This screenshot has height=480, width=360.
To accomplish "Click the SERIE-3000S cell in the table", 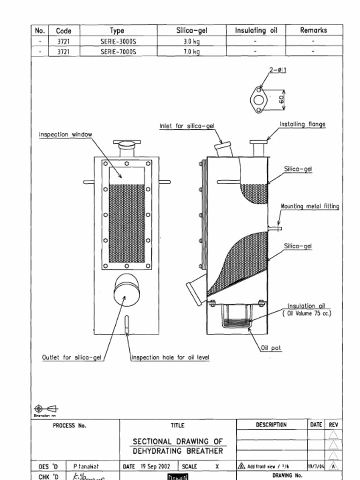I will (118, 41).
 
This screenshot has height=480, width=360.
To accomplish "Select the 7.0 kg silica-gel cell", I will (191, 52).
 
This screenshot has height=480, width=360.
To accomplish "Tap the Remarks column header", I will (314, 30).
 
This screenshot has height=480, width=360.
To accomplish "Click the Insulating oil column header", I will (256, 30).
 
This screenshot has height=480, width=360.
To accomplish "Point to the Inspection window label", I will (65, 135).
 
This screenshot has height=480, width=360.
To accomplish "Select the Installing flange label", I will (302, 124).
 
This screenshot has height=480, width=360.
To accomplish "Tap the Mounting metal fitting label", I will (309, 206).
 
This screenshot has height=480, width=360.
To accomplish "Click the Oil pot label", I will (271, 348).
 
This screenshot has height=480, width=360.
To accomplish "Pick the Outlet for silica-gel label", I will (72, 358).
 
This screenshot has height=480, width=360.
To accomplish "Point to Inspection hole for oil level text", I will (170, 358).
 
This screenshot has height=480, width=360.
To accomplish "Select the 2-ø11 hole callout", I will (277, 70).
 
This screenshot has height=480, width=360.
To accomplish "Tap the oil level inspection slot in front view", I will (127, 324).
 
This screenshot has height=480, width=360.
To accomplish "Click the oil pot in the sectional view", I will (236, 316).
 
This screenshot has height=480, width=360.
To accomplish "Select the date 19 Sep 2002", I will (157, 467).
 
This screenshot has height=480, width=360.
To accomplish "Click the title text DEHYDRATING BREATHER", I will (178, 451).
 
